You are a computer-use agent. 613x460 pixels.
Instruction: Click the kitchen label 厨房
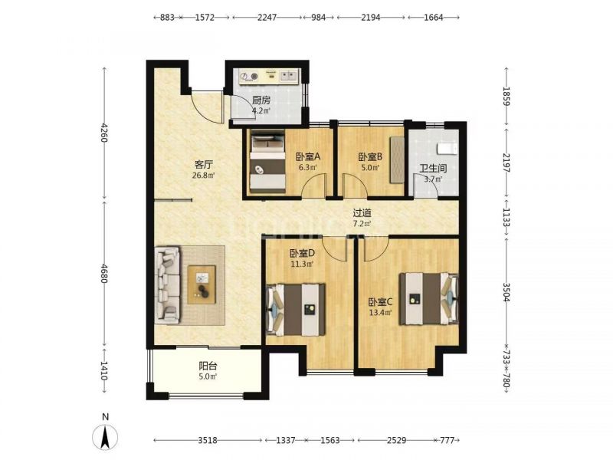(x=261, y=100)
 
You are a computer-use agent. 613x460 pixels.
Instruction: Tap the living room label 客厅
(x=203, y=165)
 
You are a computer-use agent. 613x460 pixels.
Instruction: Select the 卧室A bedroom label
(x=308, y=157)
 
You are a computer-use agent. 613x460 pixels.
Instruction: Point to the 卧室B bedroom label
(x=370, y=157)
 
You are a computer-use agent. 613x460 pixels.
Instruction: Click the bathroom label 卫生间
(x=433, y=169)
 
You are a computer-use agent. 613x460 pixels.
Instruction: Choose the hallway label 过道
(x=362, y=213)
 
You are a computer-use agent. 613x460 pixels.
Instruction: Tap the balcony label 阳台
(x=208, y=366)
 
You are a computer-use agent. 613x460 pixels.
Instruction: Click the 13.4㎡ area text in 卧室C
(x=380, y=313)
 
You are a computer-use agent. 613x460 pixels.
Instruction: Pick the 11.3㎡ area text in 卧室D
(x=302, y=264)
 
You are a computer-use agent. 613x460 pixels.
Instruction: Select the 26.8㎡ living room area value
(x=203, y=176)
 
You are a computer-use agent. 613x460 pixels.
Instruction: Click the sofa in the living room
(x=167, y=284)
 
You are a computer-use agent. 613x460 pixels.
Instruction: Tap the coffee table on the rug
(x=202, y=284)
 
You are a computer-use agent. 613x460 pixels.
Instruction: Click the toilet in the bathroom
(x=447, y=149)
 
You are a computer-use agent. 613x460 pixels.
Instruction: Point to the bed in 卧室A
(x=267, y=162)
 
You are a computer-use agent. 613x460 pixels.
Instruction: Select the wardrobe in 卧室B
(x=397, y=159)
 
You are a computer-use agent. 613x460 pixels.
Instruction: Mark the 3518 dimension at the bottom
(x=207, y=440)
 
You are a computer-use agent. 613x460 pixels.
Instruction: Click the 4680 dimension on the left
(x=104, y=274)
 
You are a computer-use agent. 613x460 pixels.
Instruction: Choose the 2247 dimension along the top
(x=267, y=17)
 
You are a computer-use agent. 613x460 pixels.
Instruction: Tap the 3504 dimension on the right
(x=506, y=292)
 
